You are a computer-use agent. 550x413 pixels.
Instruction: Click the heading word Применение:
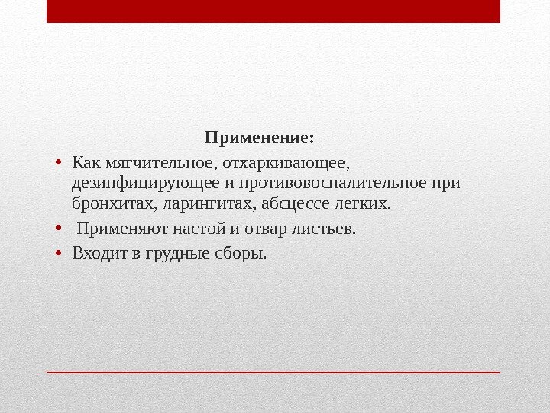259,139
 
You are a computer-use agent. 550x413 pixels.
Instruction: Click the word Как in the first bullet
86,162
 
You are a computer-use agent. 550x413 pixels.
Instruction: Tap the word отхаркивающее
285,162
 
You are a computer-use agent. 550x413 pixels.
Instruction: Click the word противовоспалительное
336,184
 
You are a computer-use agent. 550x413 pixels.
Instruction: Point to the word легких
363,205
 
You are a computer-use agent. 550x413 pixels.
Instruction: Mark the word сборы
242,252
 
